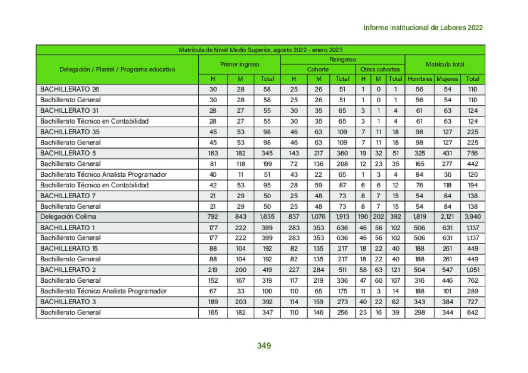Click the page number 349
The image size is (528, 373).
(x=264, y=345)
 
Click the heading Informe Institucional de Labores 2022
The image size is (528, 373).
(x=423, y=28)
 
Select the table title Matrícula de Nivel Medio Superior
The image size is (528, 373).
(x=260, y=50)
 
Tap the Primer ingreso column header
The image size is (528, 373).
(x=239, y=64)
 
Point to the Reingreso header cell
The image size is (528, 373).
(x=342, y=59)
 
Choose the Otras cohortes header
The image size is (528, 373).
(x=380, y=69)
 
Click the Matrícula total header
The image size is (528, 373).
(x=445, y=64)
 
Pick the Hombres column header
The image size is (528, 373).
(x=419, y=79)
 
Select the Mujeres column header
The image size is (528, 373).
(x=447, y=79)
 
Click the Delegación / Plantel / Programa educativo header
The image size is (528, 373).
(x=117, y=69)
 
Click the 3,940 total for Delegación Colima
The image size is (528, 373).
(x=473, y=216)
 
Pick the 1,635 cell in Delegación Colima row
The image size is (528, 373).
(x=267, y=216)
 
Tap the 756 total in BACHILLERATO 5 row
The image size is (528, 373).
(x=473, y=153)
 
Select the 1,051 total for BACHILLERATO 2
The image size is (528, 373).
(x=473, y=270)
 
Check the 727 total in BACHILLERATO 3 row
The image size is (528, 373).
(x=473, y=302)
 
